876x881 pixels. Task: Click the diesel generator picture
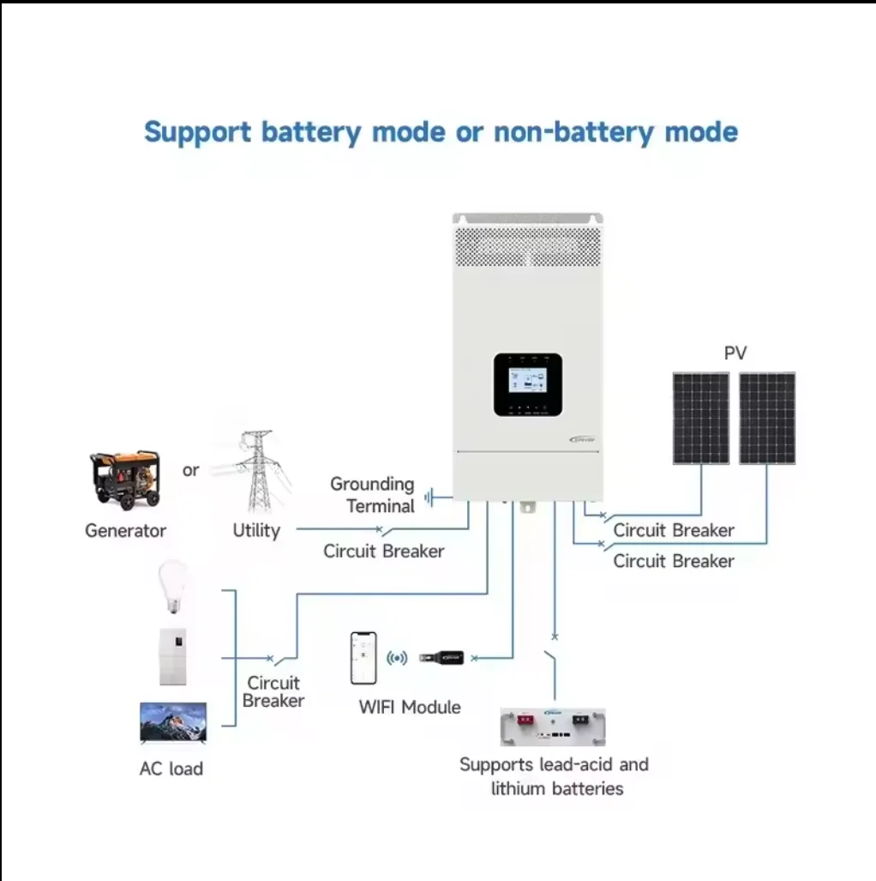(x=124, y=480)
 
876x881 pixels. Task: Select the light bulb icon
(x=173, y=587)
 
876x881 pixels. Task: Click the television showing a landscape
(x=173, y=723)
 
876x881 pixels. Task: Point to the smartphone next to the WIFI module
(x=363, y=658)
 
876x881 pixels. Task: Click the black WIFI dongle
(x=441, y=658)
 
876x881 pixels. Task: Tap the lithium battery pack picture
(x=553, y=727)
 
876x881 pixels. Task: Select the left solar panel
(x=700, y=418)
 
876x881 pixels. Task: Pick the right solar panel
(x=767, y=418)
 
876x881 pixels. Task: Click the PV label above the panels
(x=735, y=353)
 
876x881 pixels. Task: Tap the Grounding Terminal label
(x=373, y=495)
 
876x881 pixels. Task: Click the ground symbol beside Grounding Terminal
(x=431, y=496)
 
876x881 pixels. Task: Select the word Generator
(x=125, y=531)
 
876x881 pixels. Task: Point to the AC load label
(x=171, y=769)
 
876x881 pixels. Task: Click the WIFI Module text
(x=410, y=708)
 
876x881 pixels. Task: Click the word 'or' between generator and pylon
(x=190, y=470)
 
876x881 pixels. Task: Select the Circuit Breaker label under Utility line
(x=384, y=552)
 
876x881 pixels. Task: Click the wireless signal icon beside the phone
(x=397, y=658)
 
